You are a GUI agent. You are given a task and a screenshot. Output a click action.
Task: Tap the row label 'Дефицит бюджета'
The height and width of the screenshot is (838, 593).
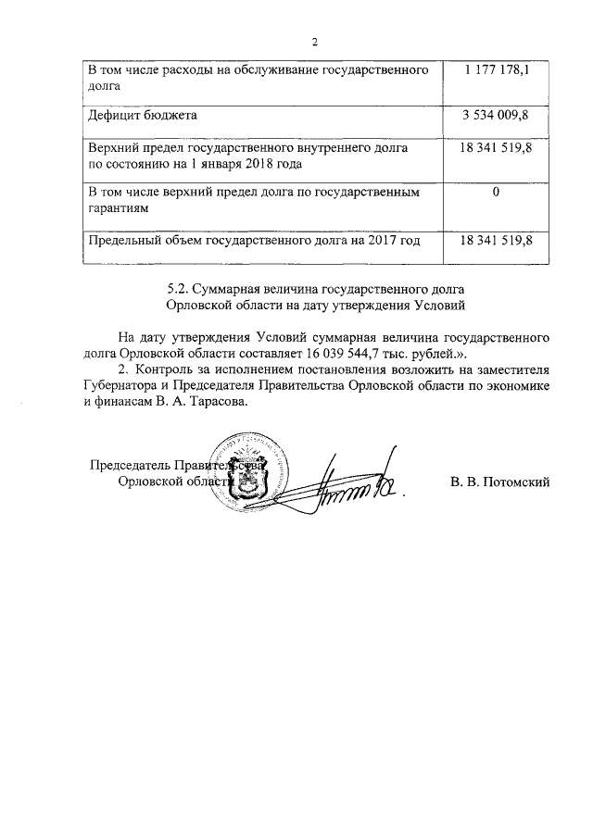click(142, 116)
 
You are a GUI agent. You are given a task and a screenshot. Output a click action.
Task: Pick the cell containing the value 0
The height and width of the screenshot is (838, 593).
click(497, 193)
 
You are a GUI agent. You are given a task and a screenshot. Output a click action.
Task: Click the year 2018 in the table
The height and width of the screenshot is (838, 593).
click(251, 163)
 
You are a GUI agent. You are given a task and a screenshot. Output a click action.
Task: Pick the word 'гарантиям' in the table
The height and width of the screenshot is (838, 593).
click(118, 209)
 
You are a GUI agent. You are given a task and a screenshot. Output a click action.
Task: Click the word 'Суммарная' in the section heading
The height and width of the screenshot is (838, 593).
click(235, 288)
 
